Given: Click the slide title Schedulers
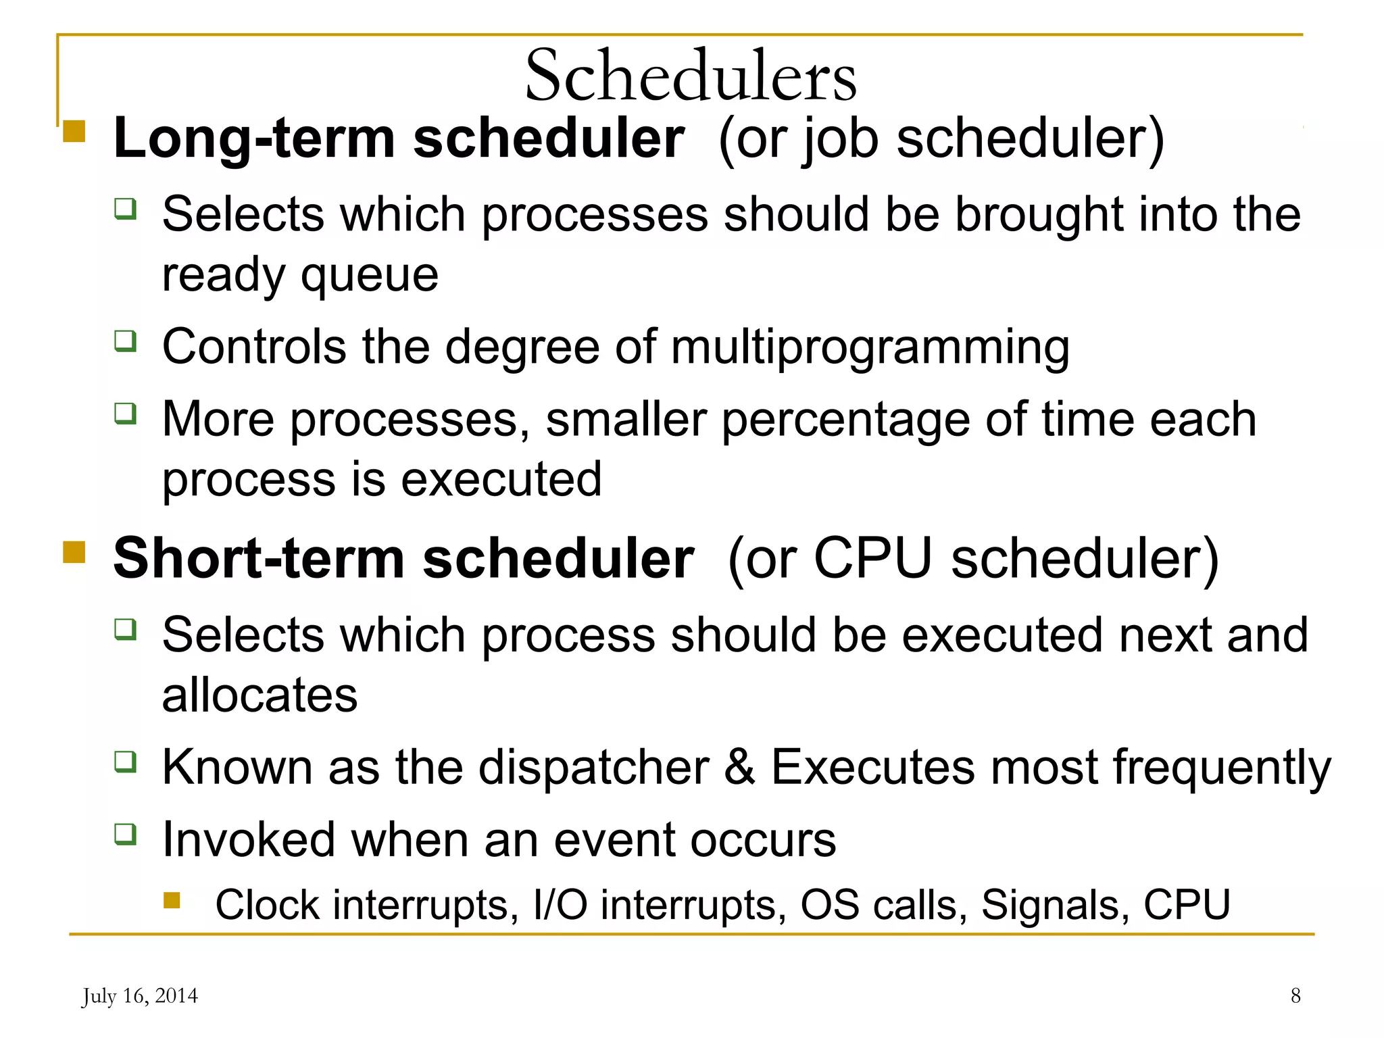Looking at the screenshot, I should point(691,75).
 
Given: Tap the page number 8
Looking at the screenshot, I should point(1295,995).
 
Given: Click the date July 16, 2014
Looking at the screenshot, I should point(140,996).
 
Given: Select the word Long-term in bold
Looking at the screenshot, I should point(254,139).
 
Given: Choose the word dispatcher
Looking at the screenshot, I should point(593,768).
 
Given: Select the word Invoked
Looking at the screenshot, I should point(249,840).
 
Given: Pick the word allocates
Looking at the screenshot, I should point(259,695).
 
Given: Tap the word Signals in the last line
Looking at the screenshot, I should point(1054,905).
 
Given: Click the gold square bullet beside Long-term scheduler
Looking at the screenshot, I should point(74,130).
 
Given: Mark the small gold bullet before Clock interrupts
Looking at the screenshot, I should point(172,900).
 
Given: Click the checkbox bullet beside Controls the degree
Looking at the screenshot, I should point(125,341).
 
